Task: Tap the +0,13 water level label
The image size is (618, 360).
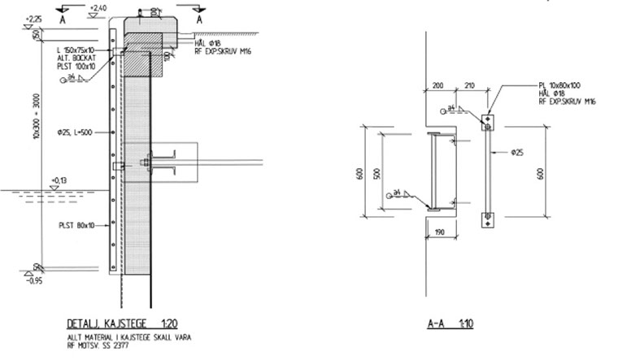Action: [59, 180]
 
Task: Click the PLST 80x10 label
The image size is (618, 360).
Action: [76, 224]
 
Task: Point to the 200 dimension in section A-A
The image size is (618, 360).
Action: [437, 85]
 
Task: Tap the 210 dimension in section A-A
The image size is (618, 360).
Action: [469, 85]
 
